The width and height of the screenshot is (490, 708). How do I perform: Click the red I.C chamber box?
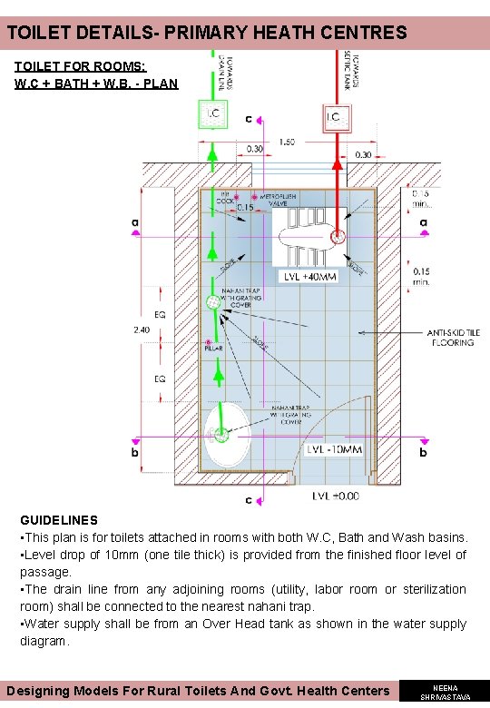click(x=335, y=117)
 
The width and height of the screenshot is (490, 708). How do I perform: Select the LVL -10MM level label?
click(x=334, y=450)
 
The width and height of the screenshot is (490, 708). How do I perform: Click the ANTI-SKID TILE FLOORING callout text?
click(x=454, y=339)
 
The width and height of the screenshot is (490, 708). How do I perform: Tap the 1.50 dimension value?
click(x=287, y=142)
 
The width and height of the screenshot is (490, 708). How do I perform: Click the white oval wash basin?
click(x=226, y=433)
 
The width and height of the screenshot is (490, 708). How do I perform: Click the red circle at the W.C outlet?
click(x=338, y=238)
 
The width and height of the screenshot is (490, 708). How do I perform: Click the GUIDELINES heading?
click(x=59, y=520)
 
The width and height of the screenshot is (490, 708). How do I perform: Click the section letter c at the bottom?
click(x=249, y=498)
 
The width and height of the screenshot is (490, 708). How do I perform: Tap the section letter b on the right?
click(x=422, y=450)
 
